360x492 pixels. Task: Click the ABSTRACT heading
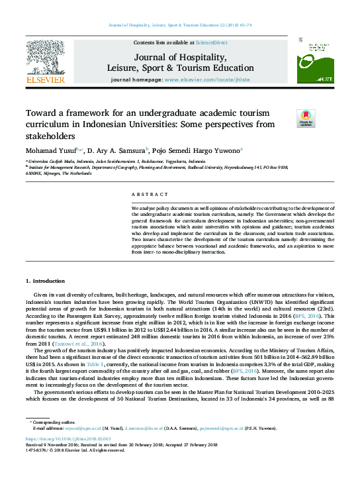pyautogui.click(x=145, y=194)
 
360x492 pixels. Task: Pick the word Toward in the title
pyautogui.click(x=40, y=113)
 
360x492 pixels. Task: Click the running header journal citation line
pyautogui.click(x=179, y=25)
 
